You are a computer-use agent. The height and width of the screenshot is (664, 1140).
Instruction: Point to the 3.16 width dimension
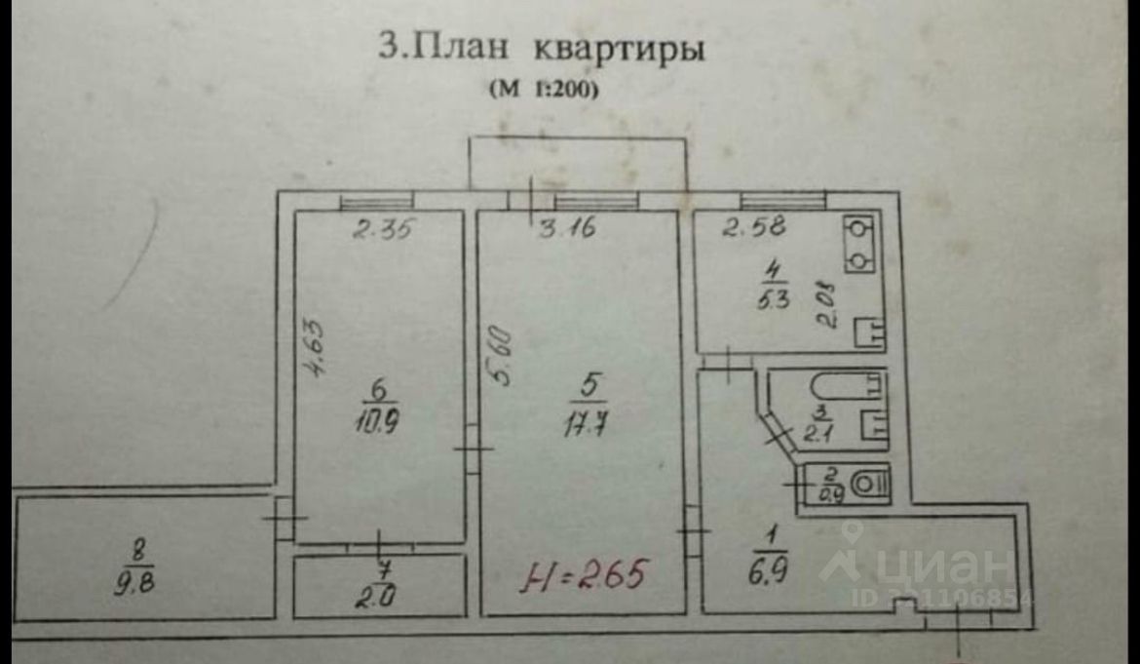coord(568,231)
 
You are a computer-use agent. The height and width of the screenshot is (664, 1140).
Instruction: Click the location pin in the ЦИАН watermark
coord(853,536)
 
